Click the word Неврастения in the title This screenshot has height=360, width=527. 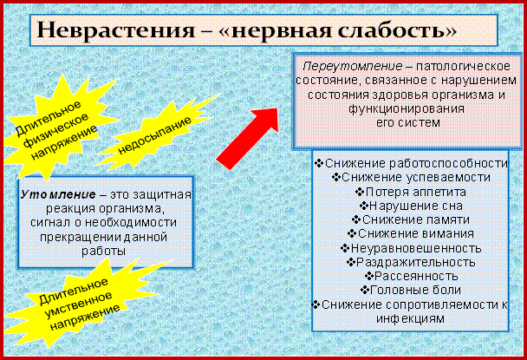click(x=116, y=29)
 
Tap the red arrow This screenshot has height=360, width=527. click(x=247, y=139)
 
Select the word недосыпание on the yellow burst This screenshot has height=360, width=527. click(x=154, y=135)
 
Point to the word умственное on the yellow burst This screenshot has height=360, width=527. click(x=78, y=304)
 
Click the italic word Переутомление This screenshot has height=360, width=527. click(x=353, y=66)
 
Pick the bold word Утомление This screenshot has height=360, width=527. click(x=58, y=194)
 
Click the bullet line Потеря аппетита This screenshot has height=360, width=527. click(x=411, y=192)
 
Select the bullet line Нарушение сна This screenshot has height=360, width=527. click(x=411, y=206)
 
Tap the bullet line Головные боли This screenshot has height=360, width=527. click(x=411, y=290)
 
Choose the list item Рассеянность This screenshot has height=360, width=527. click(x=411, y=276)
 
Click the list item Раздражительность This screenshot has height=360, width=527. click(x=411, y=262)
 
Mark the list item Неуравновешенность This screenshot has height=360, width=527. click(x=411, y=248)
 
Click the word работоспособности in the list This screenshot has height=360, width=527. click(x=448, y=163)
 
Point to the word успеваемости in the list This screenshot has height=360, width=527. click(x=448, y=177)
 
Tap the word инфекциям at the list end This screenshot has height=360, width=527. click(x=410, y=318)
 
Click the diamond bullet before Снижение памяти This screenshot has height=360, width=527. click(x=356, y=219)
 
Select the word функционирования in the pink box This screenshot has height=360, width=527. click(x=407, y=108)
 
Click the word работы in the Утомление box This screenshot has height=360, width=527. click(x=103, y=251)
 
